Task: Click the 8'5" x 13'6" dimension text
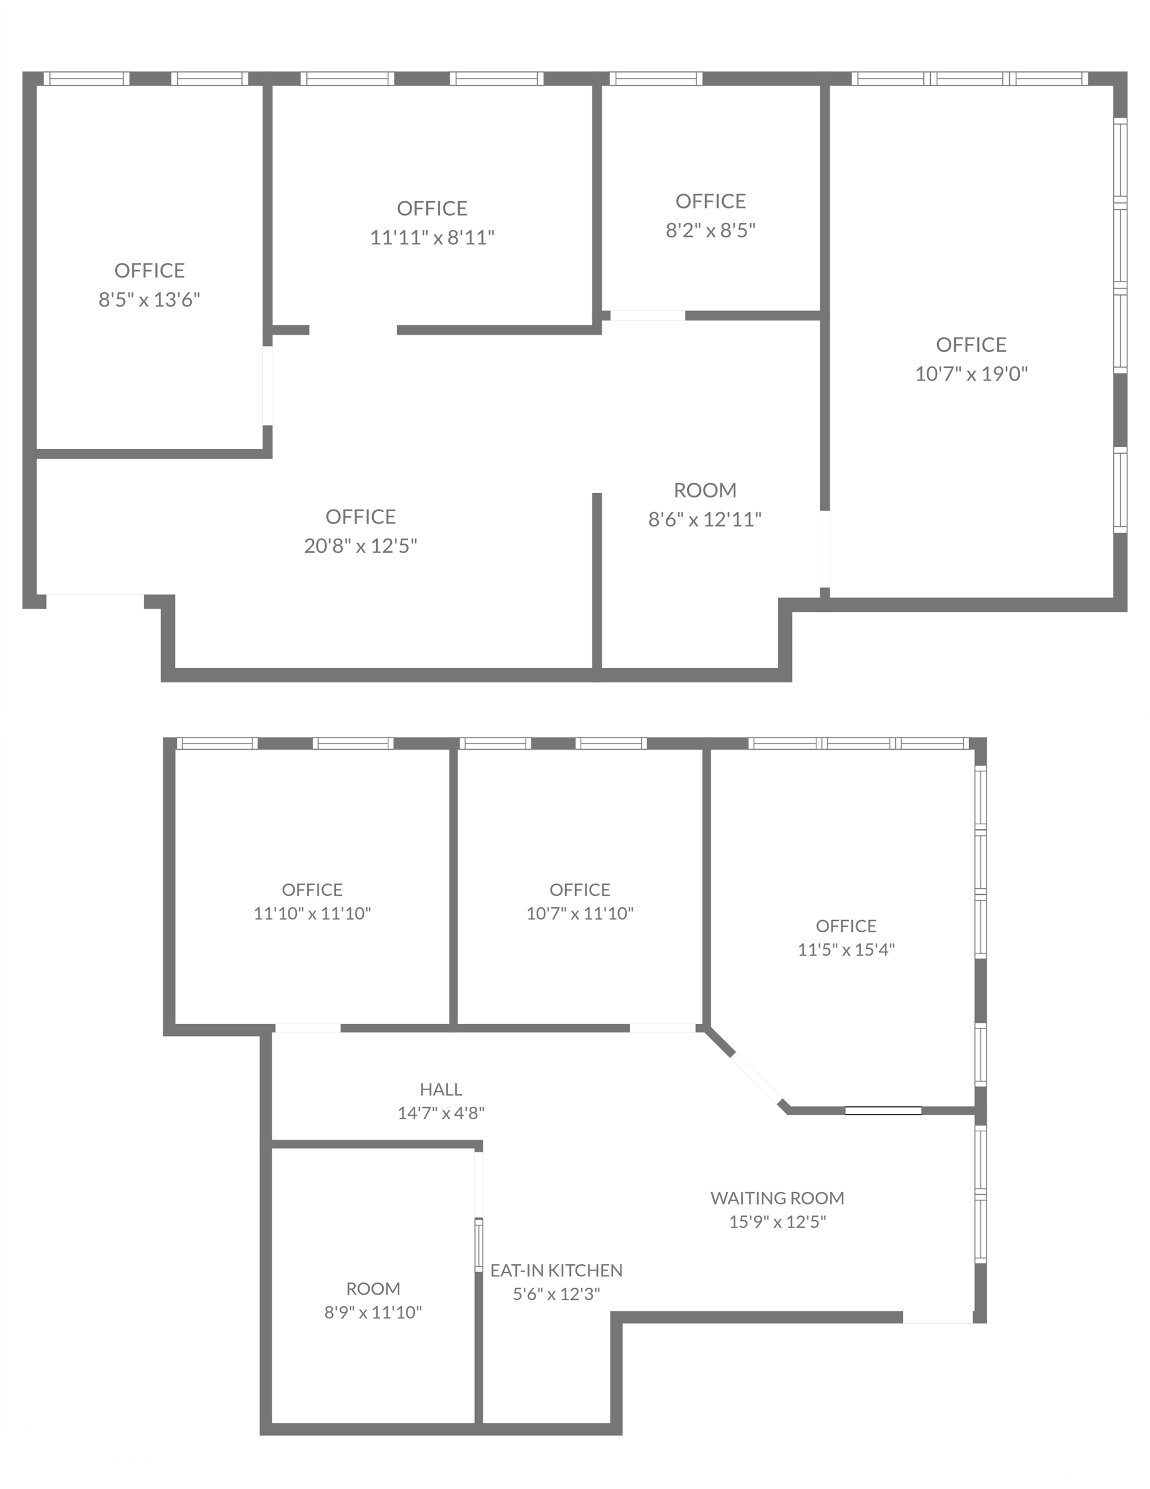point(149,300)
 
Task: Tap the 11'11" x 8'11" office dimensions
point(432,237)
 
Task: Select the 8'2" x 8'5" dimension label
point(711,230)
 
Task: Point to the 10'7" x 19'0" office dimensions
point(972,373)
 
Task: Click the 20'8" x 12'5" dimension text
point(360,546)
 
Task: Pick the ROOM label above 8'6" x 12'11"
point(705,490)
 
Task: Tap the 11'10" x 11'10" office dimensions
point(312,913)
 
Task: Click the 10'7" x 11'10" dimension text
point(580,913)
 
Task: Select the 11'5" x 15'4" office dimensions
point(846,949)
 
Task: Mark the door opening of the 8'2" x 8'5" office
point(648,316)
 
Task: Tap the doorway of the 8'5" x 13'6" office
point(268,386)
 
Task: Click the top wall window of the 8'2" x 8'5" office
point(656,79)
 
